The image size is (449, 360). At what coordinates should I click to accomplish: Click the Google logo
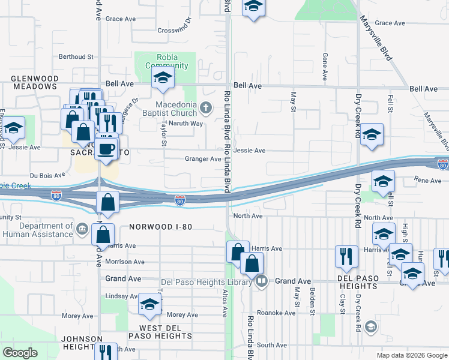[20, 352]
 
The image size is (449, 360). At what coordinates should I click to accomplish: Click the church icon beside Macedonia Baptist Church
[206, 108]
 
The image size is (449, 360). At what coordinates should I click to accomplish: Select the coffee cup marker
[106, 149]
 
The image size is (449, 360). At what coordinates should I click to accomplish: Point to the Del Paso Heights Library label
[208, 281]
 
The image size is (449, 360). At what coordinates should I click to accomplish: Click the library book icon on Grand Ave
[262, 281]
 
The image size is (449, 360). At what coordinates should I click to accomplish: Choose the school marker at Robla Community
[162, 78]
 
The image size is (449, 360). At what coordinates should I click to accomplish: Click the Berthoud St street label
[76, 57]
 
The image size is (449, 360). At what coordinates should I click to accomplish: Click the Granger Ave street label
[203, 159]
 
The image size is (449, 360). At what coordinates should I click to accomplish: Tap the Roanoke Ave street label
[266, 312]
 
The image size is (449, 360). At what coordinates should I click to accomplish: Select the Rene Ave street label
[428, 179]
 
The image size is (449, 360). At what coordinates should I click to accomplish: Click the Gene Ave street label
[325, 67]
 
